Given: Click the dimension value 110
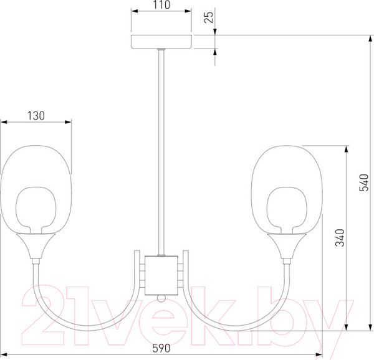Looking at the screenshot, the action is coord(161,5).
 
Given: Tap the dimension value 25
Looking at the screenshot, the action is coord(209,17).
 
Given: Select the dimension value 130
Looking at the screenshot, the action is coord(36,116).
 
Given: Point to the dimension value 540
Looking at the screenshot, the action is coord(364,182).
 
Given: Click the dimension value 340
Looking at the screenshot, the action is coord(340,237).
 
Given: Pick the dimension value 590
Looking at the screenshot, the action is coord(161,348).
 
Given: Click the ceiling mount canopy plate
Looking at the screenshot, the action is coord(161,42).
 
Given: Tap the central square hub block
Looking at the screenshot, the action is coord(161,275).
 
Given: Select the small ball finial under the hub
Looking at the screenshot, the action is coord(161,298).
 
